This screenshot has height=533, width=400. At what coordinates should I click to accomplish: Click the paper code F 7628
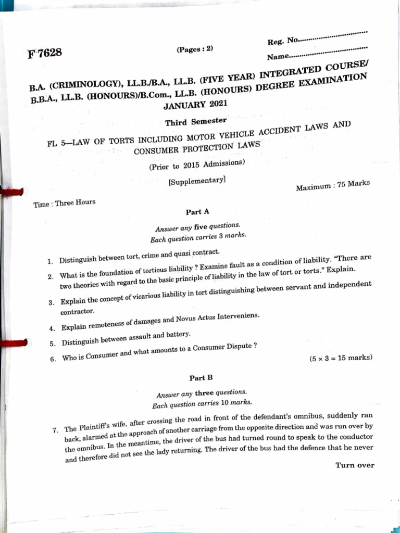pos(45,53)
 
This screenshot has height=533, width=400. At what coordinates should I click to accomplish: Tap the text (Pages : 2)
pos(195,49)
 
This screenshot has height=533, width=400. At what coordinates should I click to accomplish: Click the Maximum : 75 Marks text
pos(333,185)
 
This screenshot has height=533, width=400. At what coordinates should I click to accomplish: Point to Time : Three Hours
pos(65,203)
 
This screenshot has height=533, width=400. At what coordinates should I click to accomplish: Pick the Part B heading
pos(201,377)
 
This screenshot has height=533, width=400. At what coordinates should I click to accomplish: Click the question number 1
pos(48,260)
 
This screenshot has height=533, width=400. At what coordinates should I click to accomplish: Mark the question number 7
pos(55,430)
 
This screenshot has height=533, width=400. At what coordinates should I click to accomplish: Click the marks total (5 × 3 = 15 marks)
pos(341,358)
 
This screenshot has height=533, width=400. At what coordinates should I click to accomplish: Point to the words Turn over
pos(355,465)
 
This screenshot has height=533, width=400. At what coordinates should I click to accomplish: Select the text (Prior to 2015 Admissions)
pos(196,165)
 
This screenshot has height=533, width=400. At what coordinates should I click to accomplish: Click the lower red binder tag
pos(16,342)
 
